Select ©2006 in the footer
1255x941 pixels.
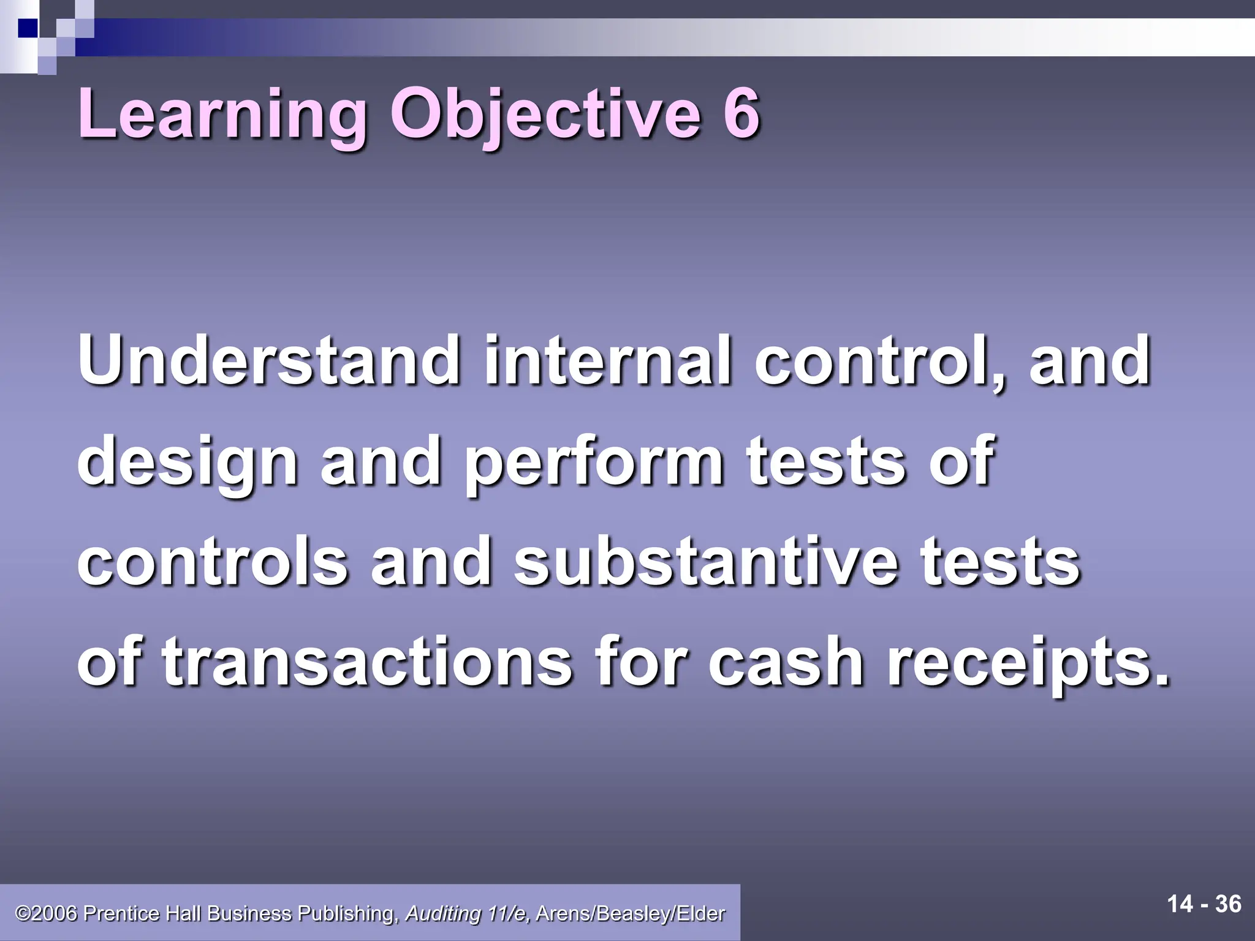(47, 913)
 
